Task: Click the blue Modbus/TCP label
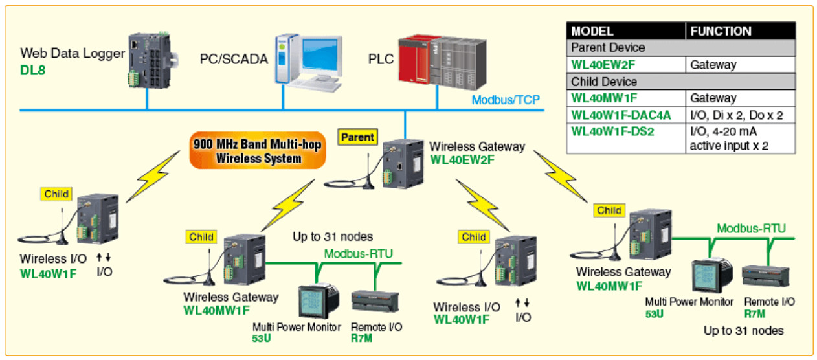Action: click(505, 100)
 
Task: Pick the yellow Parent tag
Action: click(357, 137)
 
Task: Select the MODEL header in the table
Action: click(592, 30)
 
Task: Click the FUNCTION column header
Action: click(721, 30)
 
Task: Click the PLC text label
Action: click(381, 59)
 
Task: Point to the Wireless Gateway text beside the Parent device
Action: click(477, 146)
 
